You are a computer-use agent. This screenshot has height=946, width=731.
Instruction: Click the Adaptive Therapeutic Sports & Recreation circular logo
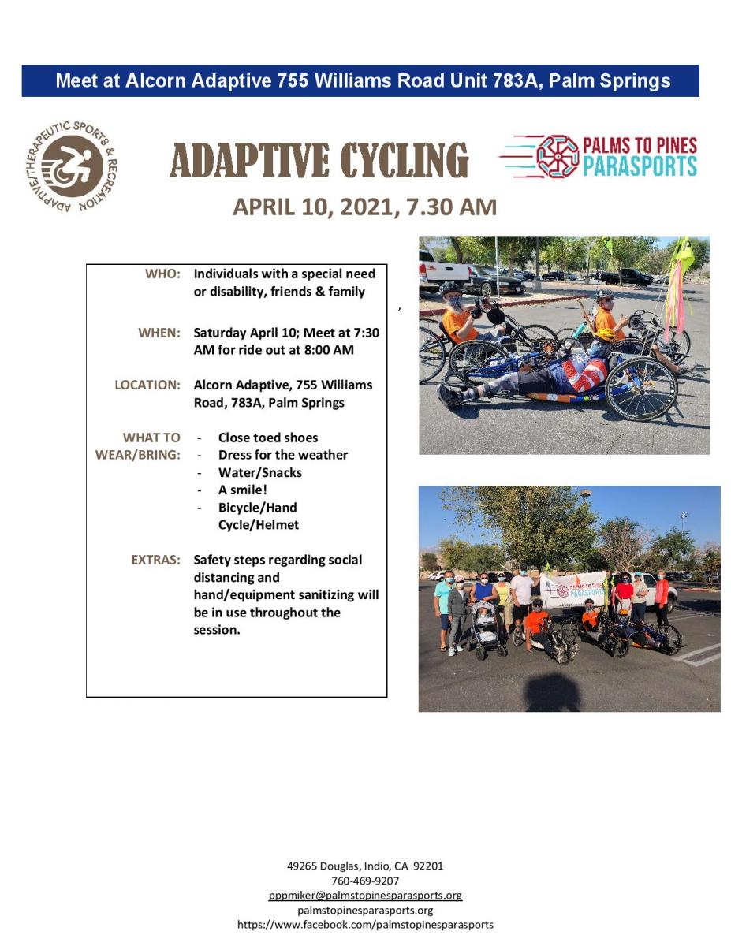tap(72, 166)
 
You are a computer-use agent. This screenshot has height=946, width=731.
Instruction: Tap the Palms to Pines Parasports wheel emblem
tap(558, 156)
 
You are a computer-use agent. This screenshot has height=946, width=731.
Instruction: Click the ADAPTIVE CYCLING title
tap(319, 160)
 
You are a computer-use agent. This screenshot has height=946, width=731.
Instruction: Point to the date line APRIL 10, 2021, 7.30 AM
tap(365, 207)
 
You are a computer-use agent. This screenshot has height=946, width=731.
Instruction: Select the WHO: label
tap(162, 274)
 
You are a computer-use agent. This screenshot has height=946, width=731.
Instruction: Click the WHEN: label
tap(159, 333)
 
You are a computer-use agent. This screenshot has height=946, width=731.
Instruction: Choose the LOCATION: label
tap(147, 385)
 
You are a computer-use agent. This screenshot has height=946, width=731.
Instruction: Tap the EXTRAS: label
tap(155, 560)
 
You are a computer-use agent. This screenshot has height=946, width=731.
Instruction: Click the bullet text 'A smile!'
tap(243, 490)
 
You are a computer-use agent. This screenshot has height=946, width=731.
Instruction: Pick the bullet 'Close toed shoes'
tap(268, 438)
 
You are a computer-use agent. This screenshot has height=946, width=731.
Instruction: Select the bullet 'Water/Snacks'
tap(260, 472)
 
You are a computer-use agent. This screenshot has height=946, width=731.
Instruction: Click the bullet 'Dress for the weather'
tap(283, 455)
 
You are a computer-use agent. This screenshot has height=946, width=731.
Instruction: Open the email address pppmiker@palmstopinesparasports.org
tap(365, 895)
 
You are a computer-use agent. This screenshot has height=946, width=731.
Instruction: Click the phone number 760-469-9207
tap(365, 881)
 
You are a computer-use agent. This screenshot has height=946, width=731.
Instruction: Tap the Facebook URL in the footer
tap(365, 924)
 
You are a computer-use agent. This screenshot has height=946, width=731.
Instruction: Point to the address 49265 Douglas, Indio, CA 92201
tap(365, 866)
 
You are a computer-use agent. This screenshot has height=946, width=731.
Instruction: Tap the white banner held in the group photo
tap(573, 590)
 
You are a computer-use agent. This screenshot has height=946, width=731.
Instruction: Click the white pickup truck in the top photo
tap(444, 272)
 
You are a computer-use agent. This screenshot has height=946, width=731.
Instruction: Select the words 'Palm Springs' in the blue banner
tap(610, 81)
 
